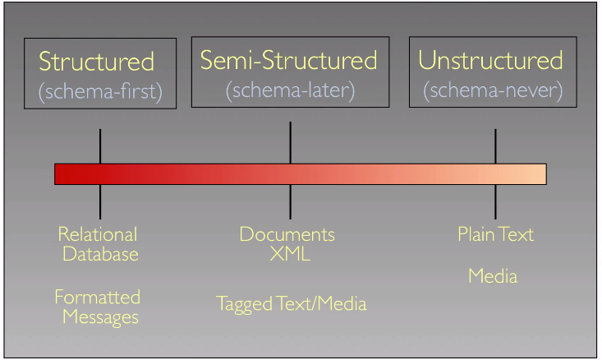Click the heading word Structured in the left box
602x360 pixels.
click(96, 62)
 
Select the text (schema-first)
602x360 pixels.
click(100, 92)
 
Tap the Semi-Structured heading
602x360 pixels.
click(289, 60)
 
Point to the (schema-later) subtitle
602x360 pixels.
click(290, 90)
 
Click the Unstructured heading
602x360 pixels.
click(490, 60)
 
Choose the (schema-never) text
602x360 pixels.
click(493, 90)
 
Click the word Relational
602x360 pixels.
click(98, 234)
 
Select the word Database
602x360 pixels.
click(100, 254)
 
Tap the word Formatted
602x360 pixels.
click(98, 297)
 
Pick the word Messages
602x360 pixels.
click(100, 317)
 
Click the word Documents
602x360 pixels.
click(287, 234)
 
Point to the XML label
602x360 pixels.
click(290, 254)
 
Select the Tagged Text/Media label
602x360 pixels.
click(292, 304)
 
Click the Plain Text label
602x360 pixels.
click(496, 234)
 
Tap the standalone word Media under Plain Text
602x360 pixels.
click(493, 276)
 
